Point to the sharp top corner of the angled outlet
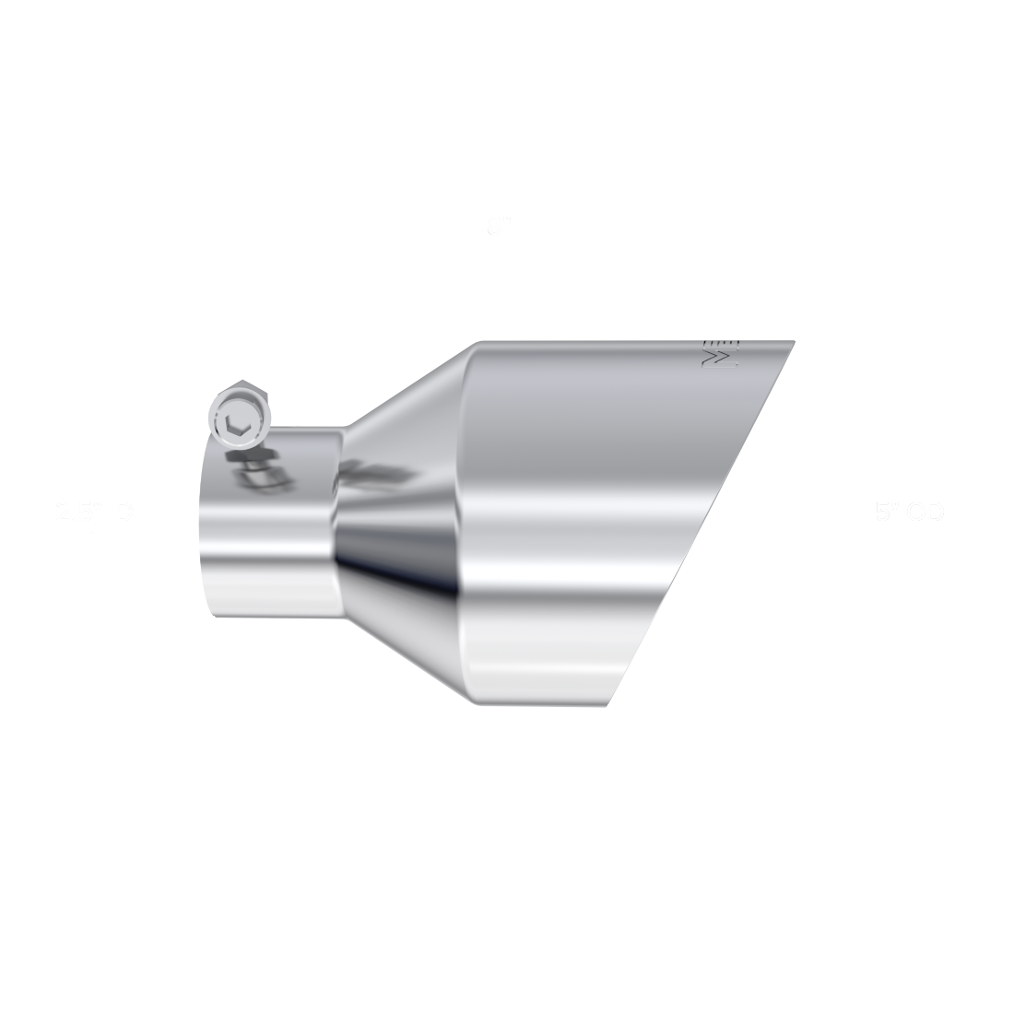click(793, 342)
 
